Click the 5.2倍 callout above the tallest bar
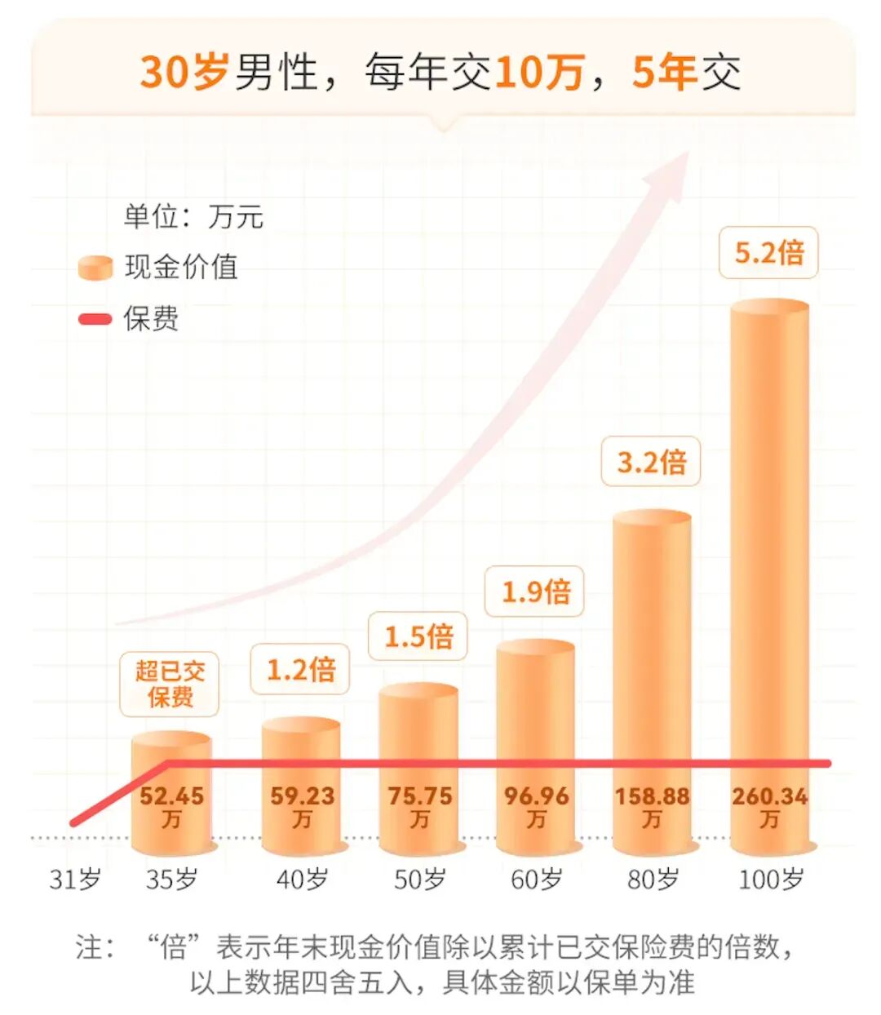pos(768,253)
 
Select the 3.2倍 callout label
pos(651,463)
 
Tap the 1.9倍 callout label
pos(535,592)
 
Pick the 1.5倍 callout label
pos(418,636)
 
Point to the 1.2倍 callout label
pos(301,670)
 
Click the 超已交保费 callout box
pos(170,684)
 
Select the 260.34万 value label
pos(769,806)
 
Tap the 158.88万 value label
pos(652,806)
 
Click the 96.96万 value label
pos(536,806)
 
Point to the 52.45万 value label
pos(171,806)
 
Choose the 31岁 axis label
pos(75,880)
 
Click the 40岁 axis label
pos(302,880)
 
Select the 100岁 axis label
pos(770,880)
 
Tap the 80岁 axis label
pos(653,880)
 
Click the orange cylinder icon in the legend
pos(95,268)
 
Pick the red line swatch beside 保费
pos(95,319)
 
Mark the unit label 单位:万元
pos(193,217)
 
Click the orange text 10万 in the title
pos(539,72)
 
